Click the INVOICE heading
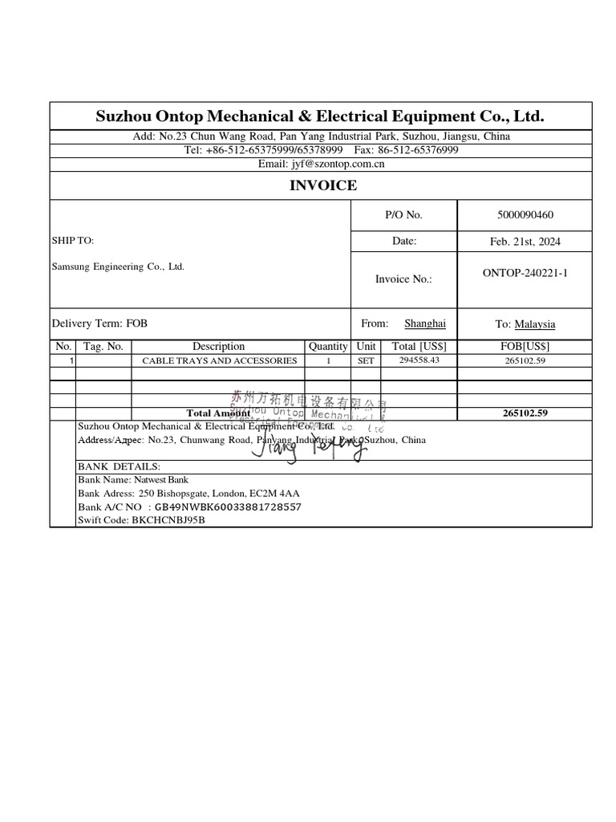click(322, 186)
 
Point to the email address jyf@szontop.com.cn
click(321, 164)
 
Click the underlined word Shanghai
click(424, 324)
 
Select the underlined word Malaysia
click(534, 324)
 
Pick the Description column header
click(218, 346)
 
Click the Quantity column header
click(328, 346)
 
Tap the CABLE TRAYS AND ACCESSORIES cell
click(219, 361)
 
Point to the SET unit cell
click(366, 361)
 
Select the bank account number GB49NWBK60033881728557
click(228, 507)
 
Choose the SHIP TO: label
click(73, 241)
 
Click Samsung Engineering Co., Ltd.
click(118, 267)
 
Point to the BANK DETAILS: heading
click(119, 466)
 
